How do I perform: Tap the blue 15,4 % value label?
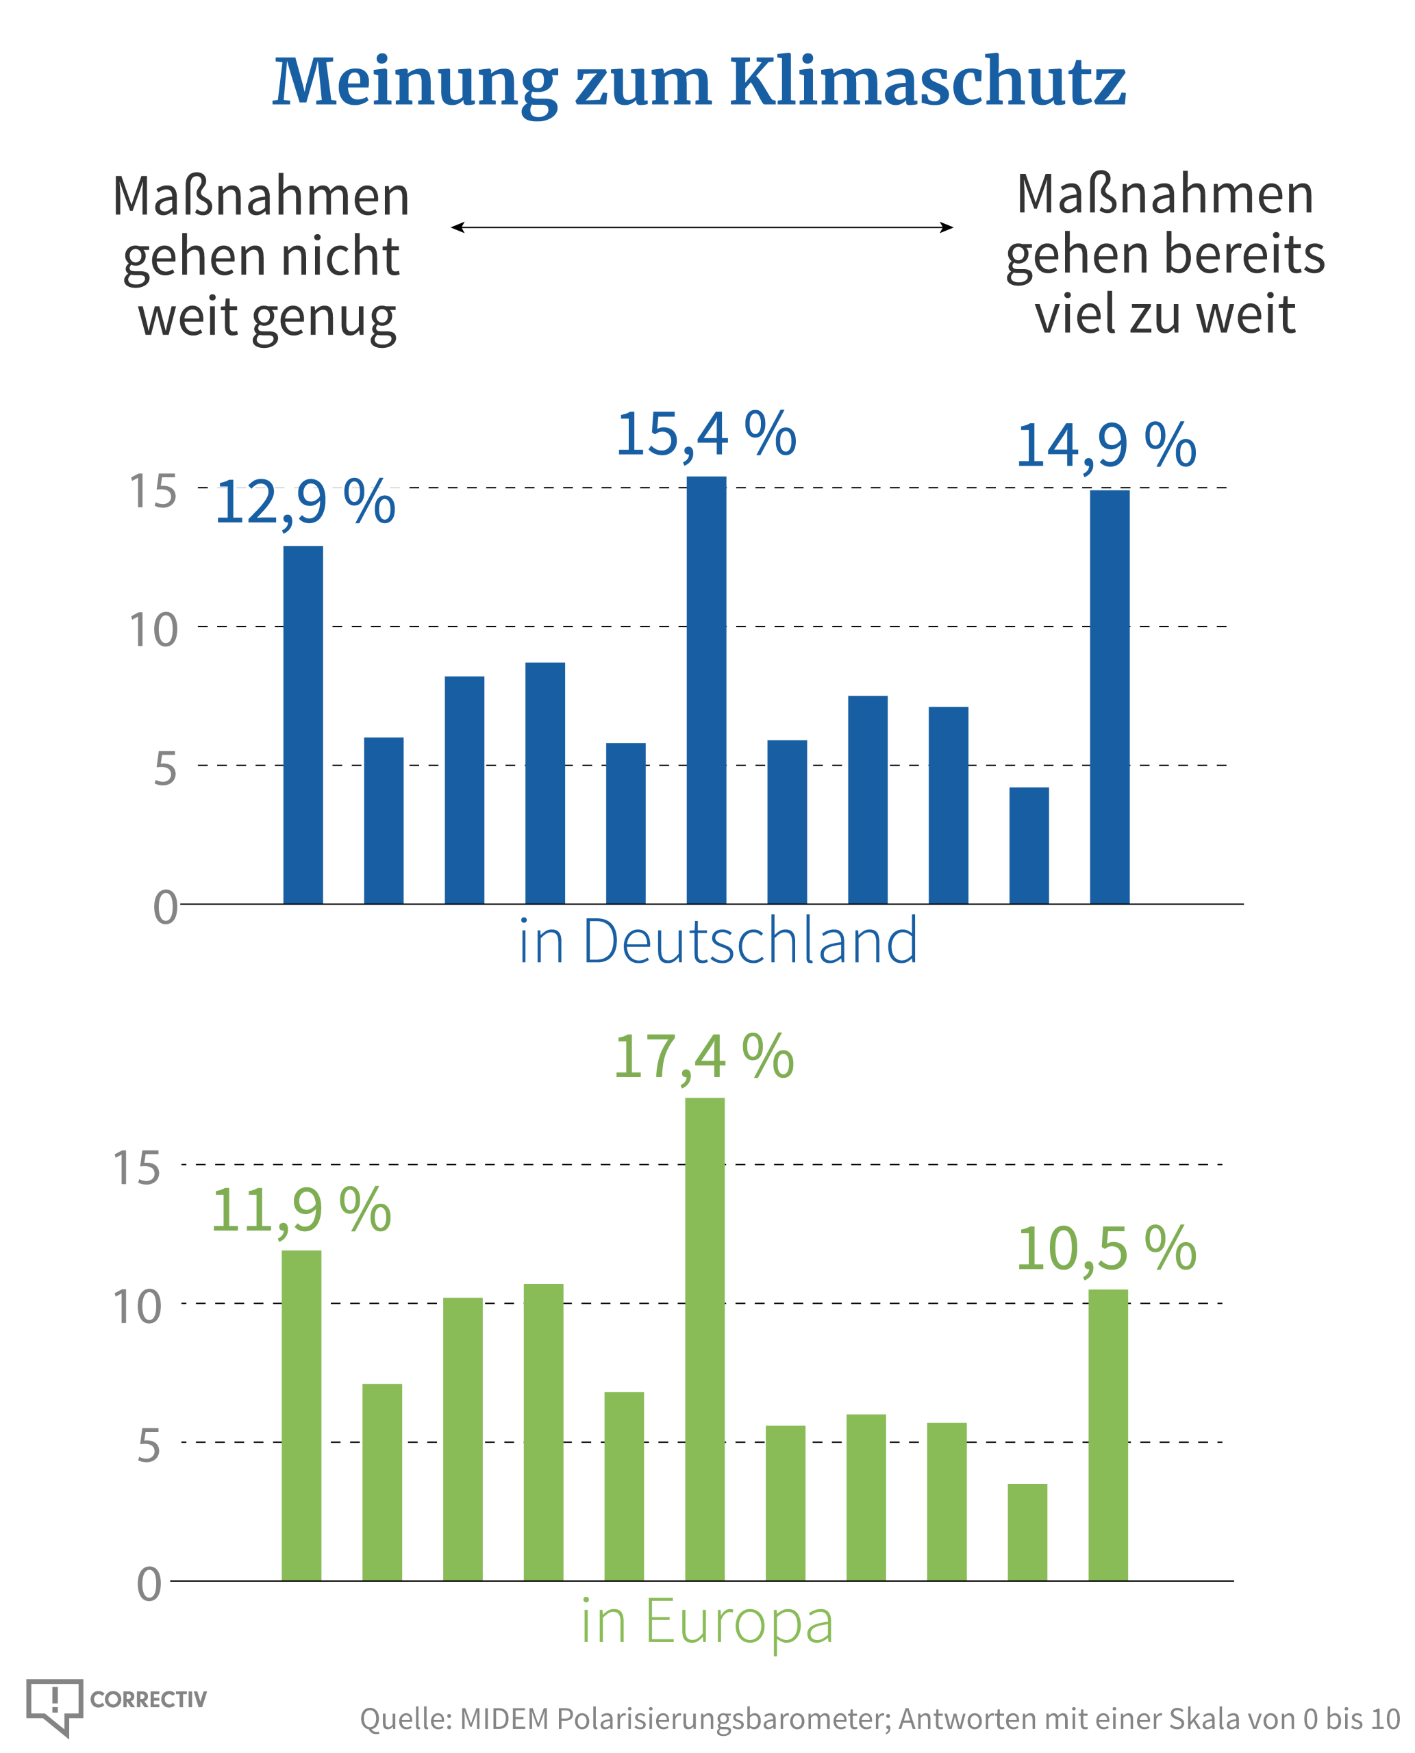pos(706,433)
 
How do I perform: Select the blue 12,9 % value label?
pos(305,502)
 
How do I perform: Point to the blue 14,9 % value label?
pos(1106,445)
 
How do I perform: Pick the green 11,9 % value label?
pos(301,1209)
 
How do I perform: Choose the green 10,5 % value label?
pos(1106,1248)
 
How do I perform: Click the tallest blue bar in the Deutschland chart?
pos(706,690)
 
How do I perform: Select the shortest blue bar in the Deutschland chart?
pos(1029,845)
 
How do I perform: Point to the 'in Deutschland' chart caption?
pos(717,942)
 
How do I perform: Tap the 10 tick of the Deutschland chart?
pos(153,630)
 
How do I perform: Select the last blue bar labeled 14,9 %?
pos(1110,697)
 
